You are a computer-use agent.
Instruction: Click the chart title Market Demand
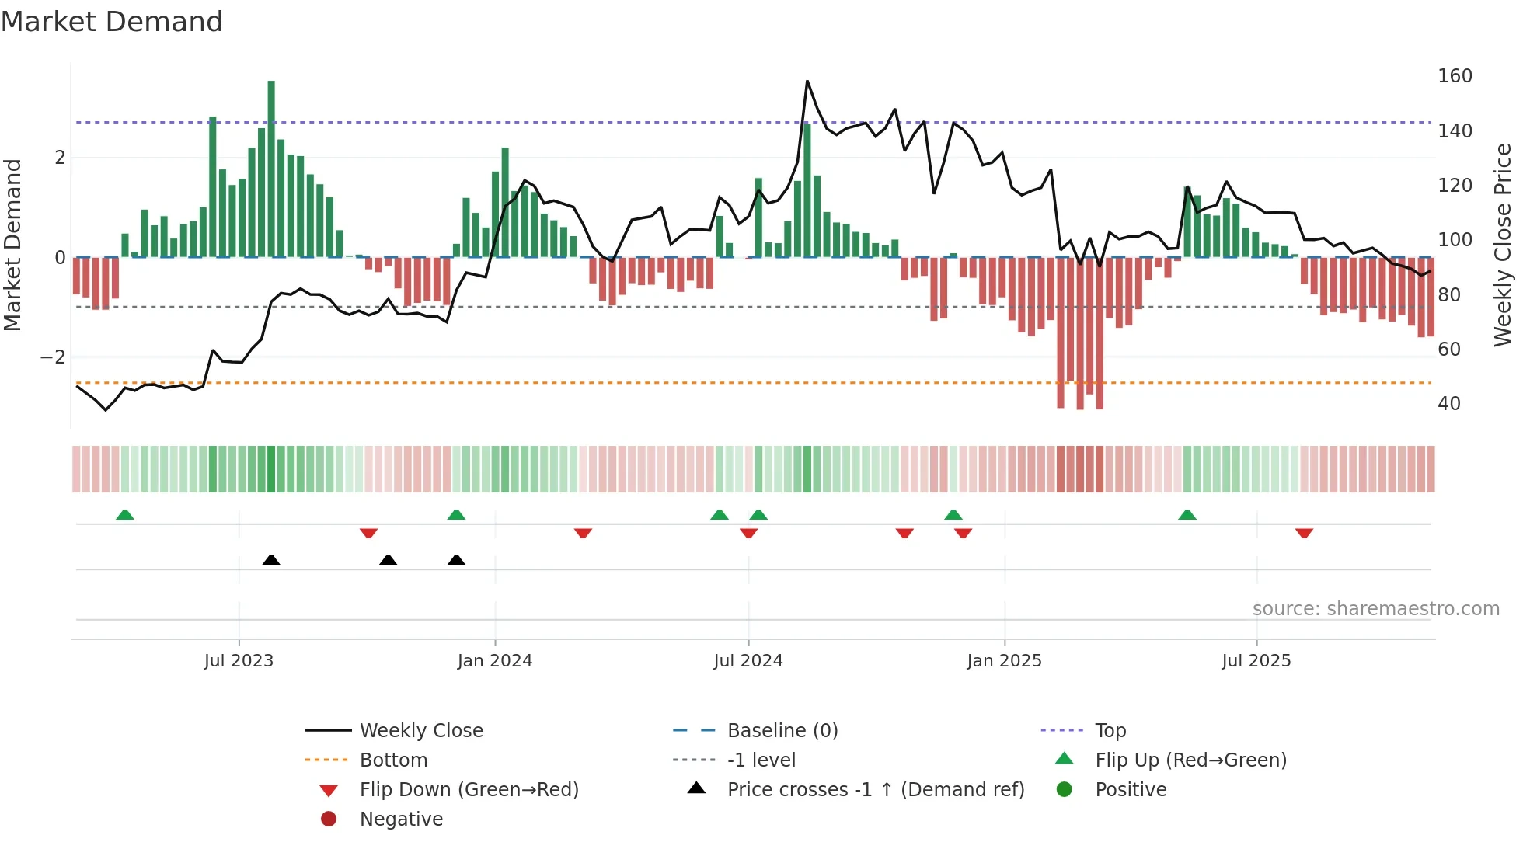[x=112, y=22]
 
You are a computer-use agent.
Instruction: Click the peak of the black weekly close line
[x=807, y=82]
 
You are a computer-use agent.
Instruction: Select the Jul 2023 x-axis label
[x=239, y=661]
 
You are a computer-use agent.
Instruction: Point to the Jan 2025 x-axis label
[x=1004, y=661]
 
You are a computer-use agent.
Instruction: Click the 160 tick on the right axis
[x=1455, y=76]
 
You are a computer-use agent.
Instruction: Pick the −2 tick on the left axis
[x=54, y=357]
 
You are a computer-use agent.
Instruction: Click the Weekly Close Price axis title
[x=1503, y=245]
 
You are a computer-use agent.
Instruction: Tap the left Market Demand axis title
[x=12, y=245]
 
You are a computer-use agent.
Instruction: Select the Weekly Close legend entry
[x=420, y=731]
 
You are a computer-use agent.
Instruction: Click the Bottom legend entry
[x=393, y=760]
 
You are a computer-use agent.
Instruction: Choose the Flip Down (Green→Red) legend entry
[x=469, y=790]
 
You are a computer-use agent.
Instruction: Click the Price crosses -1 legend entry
[x=875, y=790]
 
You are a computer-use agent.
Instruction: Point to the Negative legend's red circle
[x=329, y=819]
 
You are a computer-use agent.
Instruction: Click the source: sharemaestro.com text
[x=1375, y=609]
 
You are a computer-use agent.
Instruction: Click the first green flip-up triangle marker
[x=125, y=515]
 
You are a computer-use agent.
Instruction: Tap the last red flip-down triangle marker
[x=1304, y=533]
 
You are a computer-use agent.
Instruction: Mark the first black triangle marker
[x=271, y=560]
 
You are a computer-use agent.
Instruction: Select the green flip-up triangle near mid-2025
[x=1187, y=515]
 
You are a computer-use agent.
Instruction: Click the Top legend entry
[x=1110, y=731]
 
